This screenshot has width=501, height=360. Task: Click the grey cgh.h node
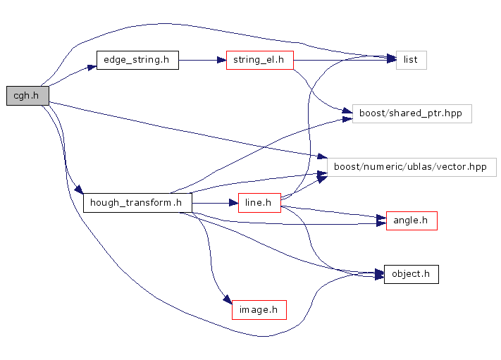pyautogui.click(x=26, y=96)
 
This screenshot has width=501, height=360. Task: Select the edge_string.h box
pyautogui.click(x=137, y=60)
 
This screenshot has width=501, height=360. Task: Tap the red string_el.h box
pyautogui.click(x=259, y=60)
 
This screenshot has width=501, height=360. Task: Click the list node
pyautogui.click(x=411, y=60)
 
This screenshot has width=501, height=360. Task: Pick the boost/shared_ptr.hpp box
pyautogui.click(x=412, y=113)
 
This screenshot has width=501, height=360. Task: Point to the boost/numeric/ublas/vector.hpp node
pyautogui.click(x=412, y=167)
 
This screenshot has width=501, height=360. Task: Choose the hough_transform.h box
pyautogui.click(x=137, y=203)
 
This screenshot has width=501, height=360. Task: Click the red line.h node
pyautogui.click(x=259, y=203)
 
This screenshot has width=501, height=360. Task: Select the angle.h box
pyautogui.click(x=411, y=221)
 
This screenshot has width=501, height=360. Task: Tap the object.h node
pyautogui.click(x=411, y=274)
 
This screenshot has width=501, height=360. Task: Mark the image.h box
pyautogui.click(x=259, y=309)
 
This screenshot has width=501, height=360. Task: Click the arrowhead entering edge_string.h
pyautogui.click(x=91, y=67)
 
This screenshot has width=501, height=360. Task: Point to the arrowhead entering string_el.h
pyautogui.click(x=221, y=61)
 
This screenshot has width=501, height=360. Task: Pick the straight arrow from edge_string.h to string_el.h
pyautogui.click(x=201, y=61)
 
